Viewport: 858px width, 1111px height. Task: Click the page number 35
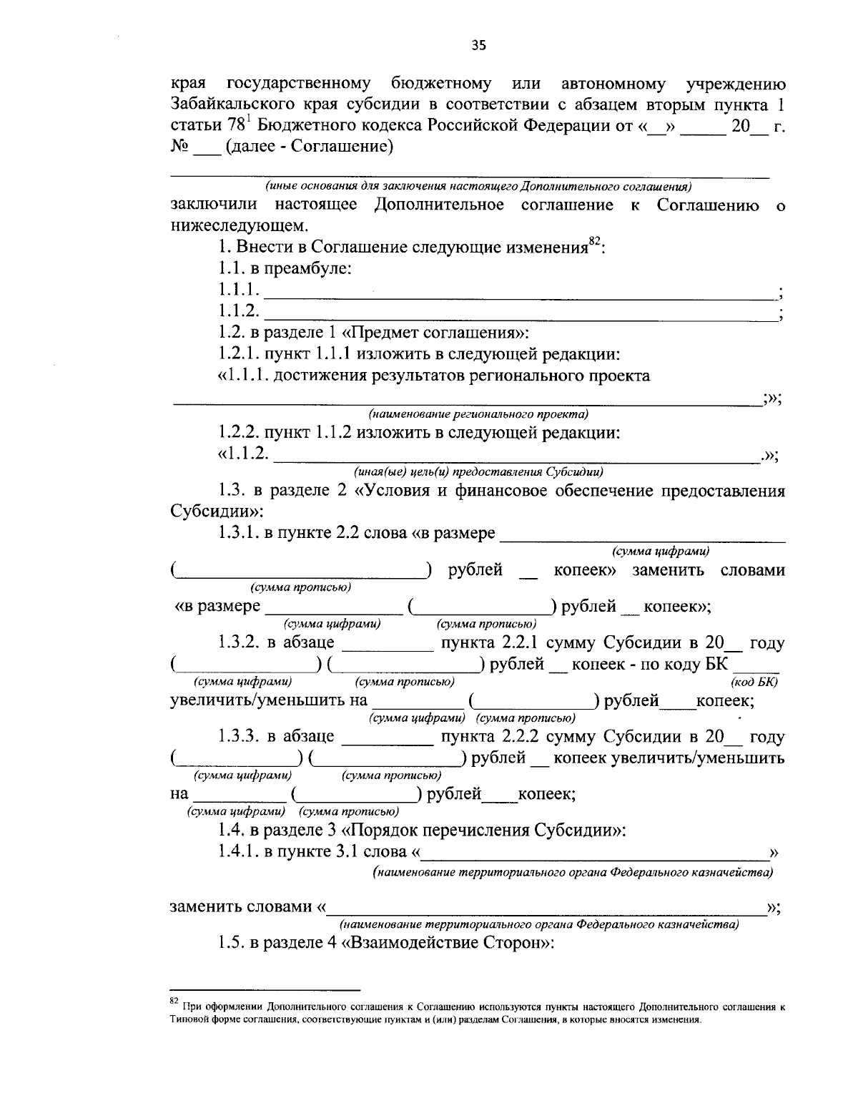[478, 46]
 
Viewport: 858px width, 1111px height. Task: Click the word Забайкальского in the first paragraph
[227, 104]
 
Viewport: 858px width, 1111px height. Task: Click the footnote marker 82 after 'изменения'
[594, 242]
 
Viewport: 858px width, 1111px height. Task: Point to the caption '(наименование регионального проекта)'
[478, 414]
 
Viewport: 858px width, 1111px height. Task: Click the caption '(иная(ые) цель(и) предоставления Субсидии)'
[478, 471]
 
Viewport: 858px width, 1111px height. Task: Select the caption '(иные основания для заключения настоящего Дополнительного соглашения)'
[478, 187]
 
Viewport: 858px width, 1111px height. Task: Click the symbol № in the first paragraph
[179, 147]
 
